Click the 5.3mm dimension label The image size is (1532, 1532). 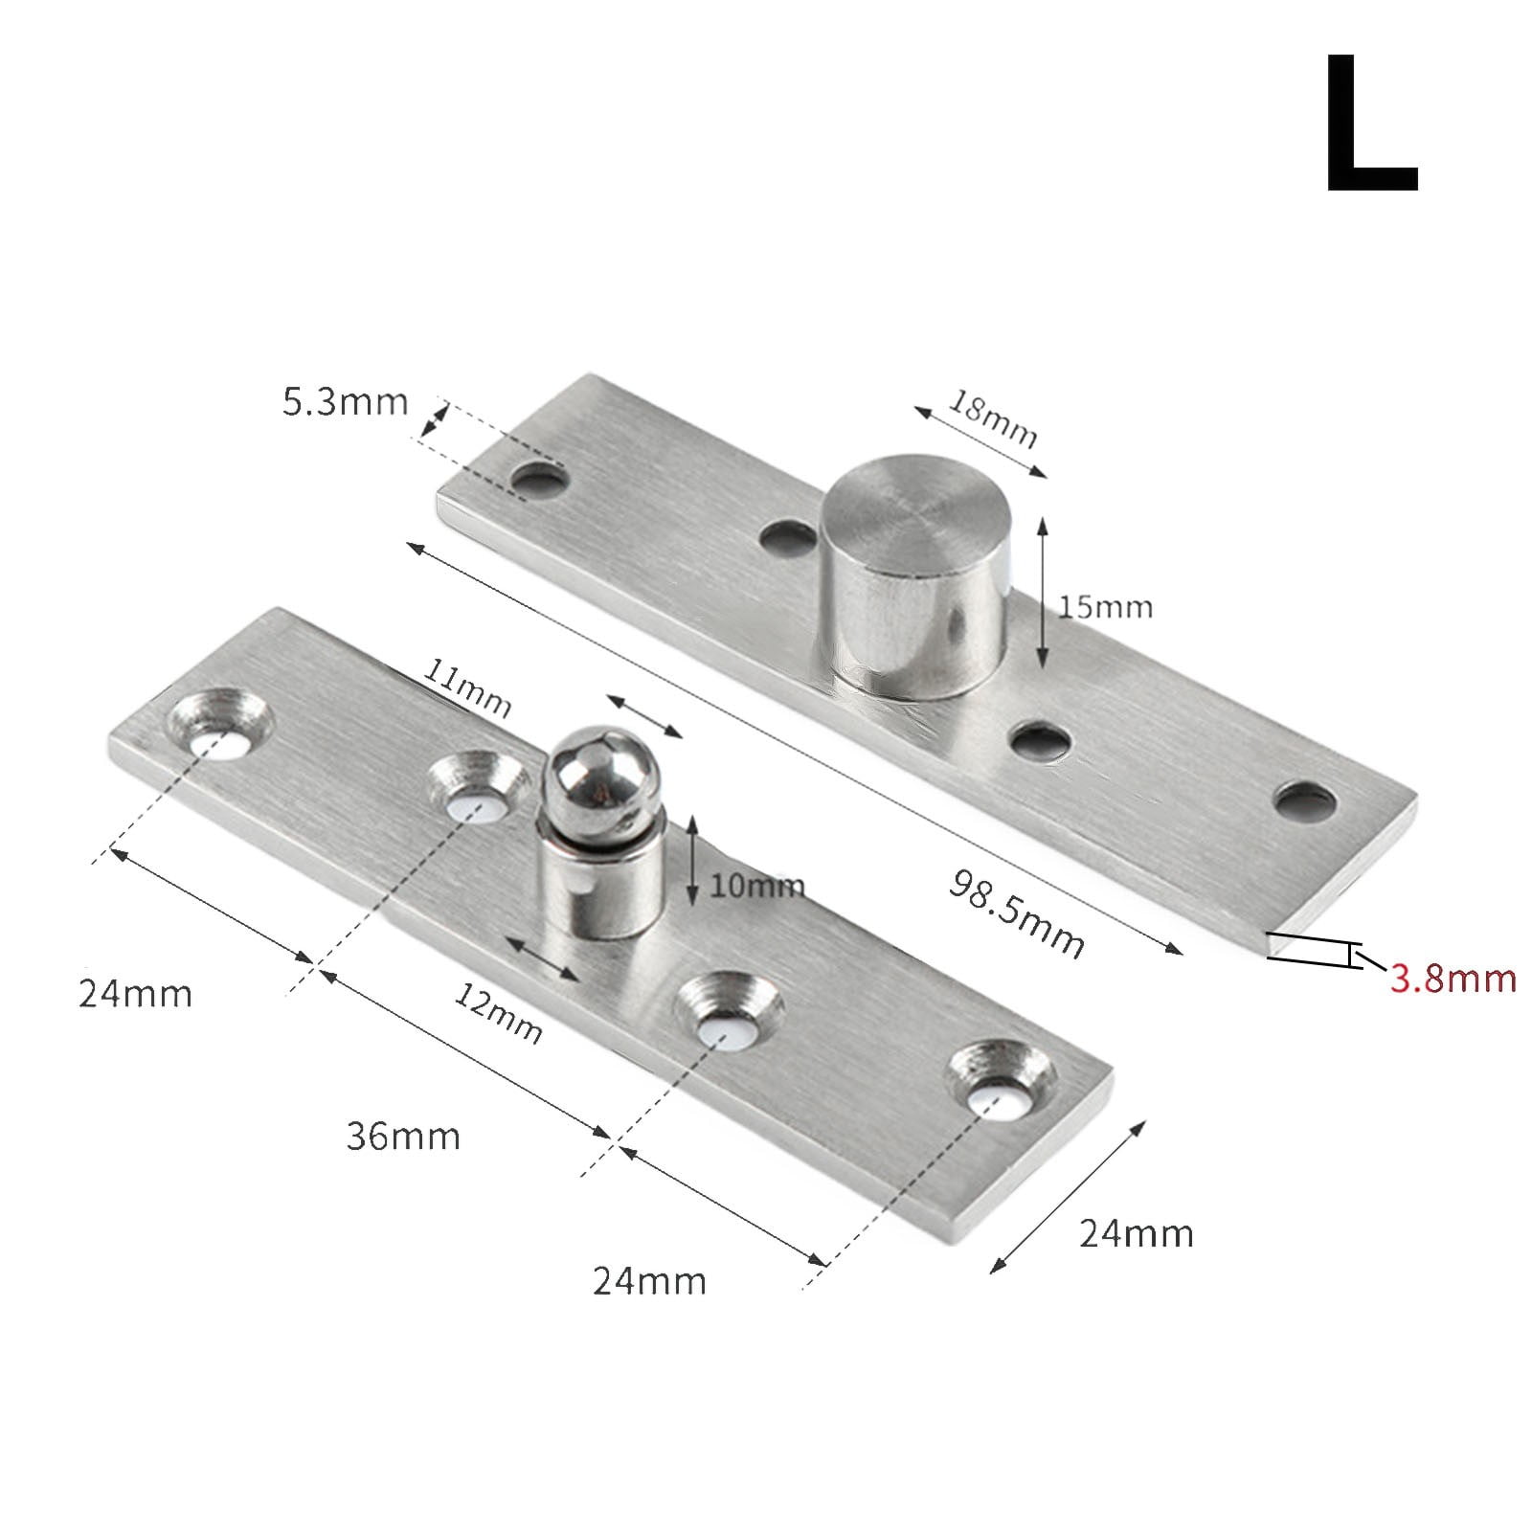tap(345, 401)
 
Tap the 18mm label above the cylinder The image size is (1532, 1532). tap(992, 420)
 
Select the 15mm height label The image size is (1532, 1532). tap(1105, 607)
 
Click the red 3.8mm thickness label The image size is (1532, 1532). tap(1453, 979)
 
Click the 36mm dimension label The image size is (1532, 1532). tap(402, 1137)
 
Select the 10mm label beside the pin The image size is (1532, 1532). tap(756, 886)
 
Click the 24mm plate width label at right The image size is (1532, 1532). tap(1137, 1233)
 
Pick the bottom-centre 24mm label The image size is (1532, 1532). tap(649, 1280)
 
